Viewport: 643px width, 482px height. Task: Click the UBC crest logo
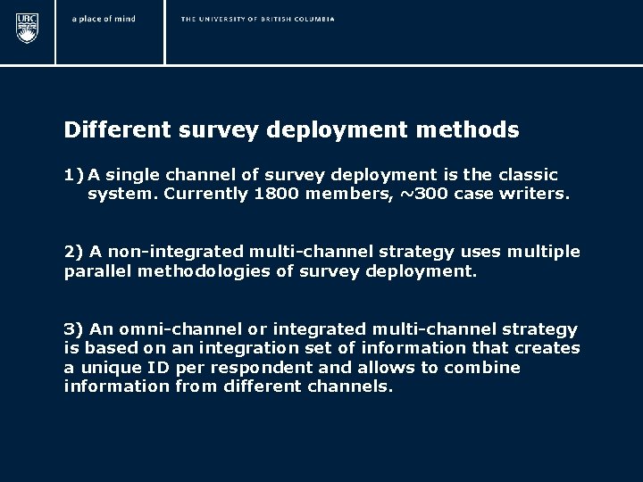[28, 29]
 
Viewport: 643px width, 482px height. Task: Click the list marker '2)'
[74, 252]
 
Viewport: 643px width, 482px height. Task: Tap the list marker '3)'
[74, 330]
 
